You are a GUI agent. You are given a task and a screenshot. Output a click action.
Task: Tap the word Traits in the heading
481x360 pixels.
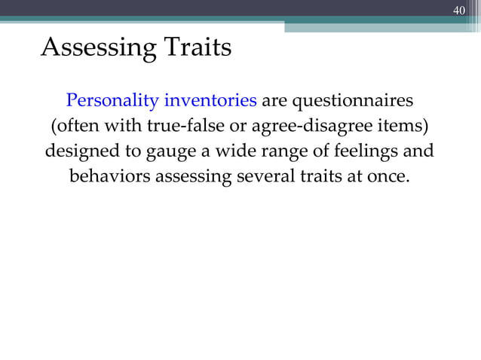(x=195, y=47)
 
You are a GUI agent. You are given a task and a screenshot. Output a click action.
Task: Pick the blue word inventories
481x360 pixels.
(x=211, y=100)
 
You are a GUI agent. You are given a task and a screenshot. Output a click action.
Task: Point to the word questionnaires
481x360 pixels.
(x=352, y=100)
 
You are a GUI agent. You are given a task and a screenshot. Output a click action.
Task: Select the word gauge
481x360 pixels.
(x=163, y=151)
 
